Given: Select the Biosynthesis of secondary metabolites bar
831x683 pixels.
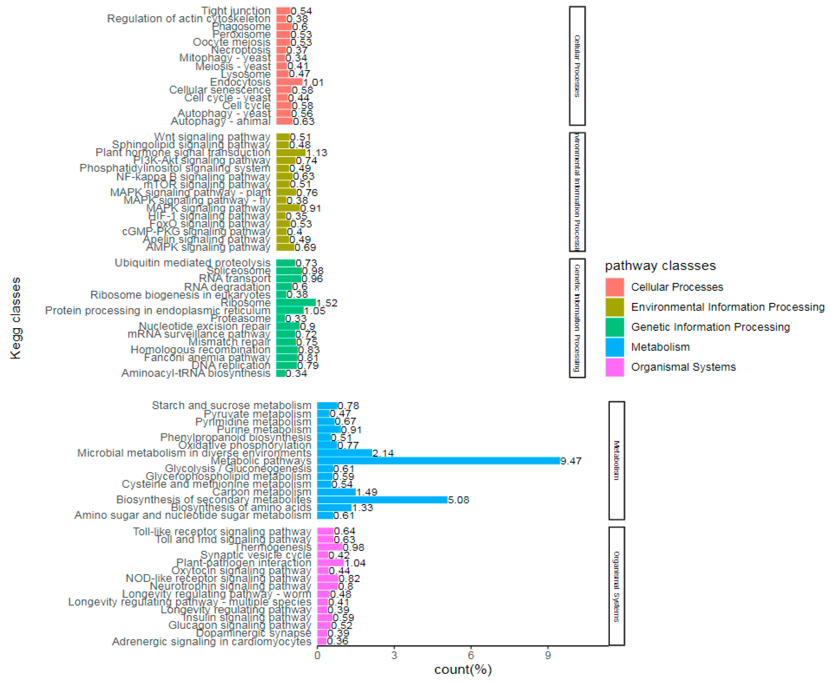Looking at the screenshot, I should [x=382, y=500].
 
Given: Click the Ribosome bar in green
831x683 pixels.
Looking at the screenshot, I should [x=296, y=303].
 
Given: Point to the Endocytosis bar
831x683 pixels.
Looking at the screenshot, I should [x=289, y=82].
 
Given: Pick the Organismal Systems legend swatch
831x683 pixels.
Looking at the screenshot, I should [x=614, y=367].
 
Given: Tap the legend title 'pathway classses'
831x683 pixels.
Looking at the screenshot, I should [x=660, y=266].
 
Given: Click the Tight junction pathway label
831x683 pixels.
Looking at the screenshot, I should [x=236, y=11].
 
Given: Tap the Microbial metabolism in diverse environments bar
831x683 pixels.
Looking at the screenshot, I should [x=345, y=453].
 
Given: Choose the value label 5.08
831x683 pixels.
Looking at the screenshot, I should [x=458, y=500].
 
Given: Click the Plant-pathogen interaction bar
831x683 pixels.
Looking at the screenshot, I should [x=330, y=563].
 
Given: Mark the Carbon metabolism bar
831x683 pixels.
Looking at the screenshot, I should [x=336, y=492].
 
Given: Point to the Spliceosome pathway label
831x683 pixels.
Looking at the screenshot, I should [x=238, y=271].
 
